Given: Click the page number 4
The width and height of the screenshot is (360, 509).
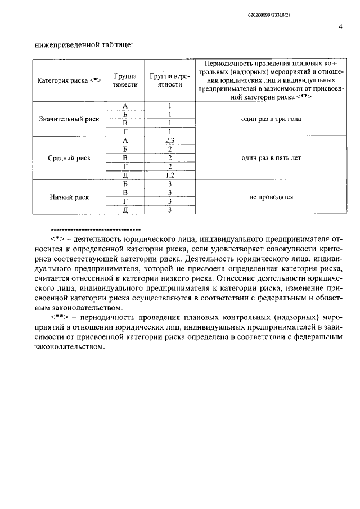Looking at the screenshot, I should (x=341, y=26).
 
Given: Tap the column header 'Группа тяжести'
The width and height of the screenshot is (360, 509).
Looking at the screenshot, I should (x=125, y=80).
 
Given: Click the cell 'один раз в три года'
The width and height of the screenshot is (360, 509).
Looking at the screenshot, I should (x=272, y=119).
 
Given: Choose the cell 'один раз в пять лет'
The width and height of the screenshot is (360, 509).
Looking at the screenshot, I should (x=272, y=157).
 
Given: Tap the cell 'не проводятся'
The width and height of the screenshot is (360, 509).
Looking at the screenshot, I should (x=272, y=197).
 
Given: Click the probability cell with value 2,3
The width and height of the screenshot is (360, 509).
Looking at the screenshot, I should (x=169, y=141).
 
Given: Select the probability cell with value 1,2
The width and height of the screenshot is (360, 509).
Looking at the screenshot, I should (x=169, y=175).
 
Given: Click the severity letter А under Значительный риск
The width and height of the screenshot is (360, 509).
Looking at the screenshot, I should (x=125, y=106).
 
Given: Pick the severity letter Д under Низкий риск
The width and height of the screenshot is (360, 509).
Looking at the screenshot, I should (x=125, y=210).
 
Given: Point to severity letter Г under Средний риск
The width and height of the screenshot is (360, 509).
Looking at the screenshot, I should (x=125, y=167).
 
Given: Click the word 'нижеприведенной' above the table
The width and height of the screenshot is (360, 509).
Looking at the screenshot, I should (x=62, y=43).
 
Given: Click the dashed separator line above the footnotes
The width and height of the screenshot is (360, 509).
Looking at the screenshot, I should (x=95, y=230).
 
